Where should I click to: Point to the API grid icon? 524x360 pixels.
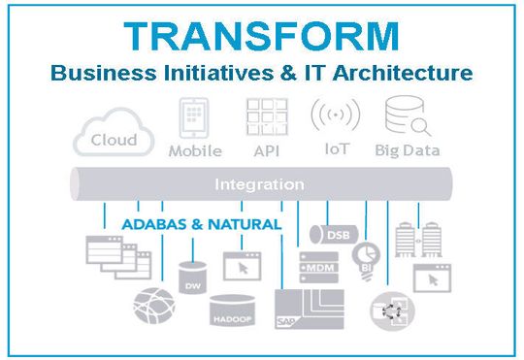(x=263, y=117)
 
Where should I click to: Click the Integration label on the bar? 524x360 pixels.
(x=259, y=183)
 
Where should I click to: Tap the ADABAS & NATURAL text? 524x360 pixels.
(x=202, y=224)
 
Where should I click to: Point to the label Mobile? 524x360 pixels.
(x=195, y=150)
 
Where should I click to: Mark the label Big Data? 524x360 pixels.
(x=409, y=150)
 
